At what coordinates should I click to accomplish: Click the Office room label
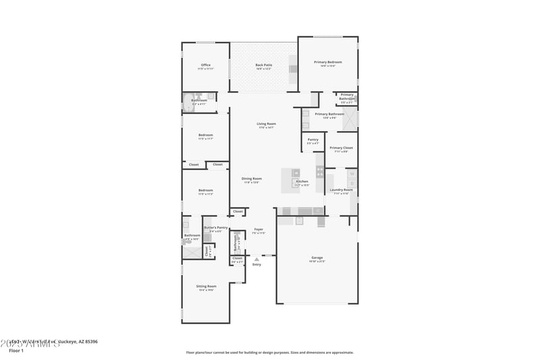click(x=205, y=66)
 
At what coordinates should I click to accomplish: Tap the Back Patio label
click(x=263, y=66)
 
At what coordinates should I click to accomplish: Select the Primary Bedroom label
click(x=328, y=62)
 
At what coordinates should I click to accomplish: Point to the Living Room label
click(x=266, y=124)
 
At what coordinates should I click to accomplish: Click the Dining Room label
click(x=252, y=179)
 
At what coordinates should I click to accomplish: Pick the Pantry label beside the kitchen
click(x=313, y=140)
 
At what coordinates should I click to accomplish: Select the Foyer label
click(x=259, y=230)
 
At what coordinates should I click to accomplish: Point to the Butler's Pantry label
click(x=216, y=228)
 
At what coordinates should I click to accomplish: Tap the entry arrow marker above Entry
click(x=256, y=259)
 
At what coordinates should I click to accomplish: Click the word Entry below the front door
click(x=256, y=264)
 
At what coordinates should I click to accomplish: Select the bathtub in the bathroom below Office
click(x=188, y=103)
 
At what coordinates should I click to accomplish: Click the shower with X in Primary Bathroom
click(x=349, y=120)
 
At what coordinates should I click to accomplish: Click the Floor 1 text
click(x=16, y=351)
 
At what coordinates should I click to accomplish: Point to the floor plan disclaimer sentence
click(x=269, y=352)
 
